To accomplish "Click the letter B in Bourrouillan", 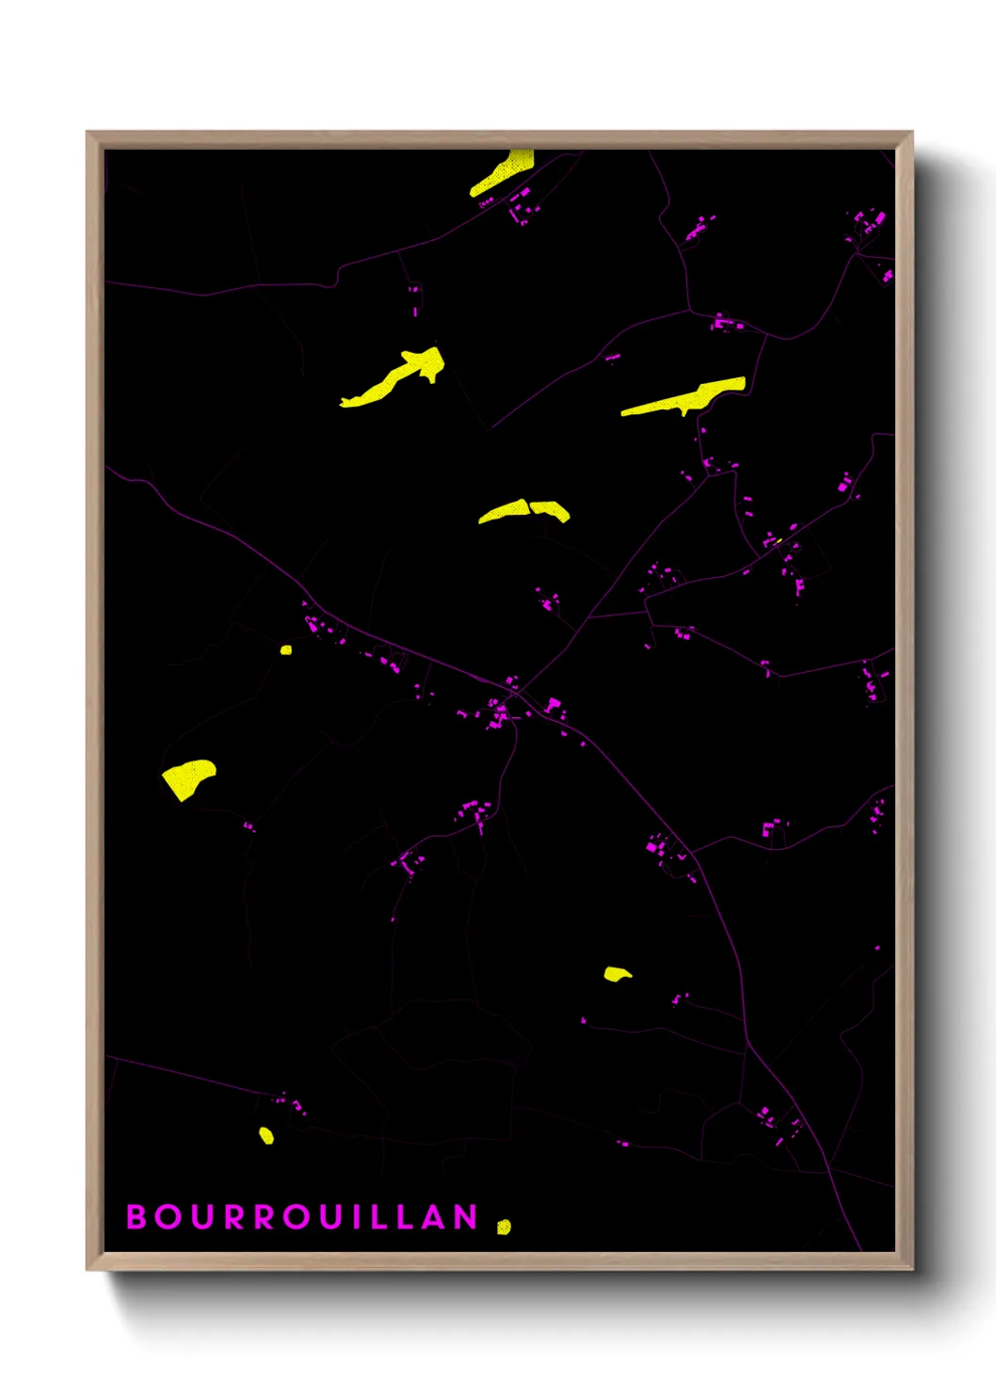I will click(x=137, y=1217).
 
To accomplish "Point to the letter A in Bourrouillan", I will click(x=434, y=1217).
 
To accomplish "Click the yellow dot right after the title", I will click(x=504, y=1226).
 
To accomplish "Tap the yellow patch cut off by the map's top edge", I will click(x=504, y=171).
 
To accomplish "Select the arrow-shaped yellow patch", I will click(x=395, y=376).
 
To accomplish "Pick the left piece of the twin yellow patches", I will click(x=504, y=511).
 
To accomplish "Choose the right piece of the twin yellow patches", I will click(x=551, y=510).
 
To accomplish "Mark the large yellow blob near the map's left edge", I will click(x=188, y=778).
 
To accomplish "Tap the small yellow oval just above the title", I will click(x=266, y=1136).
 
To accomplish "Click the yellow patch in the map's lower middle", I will click(x=617, y=973).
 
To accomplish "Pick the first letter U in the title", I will click(x=202, y=1217).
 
